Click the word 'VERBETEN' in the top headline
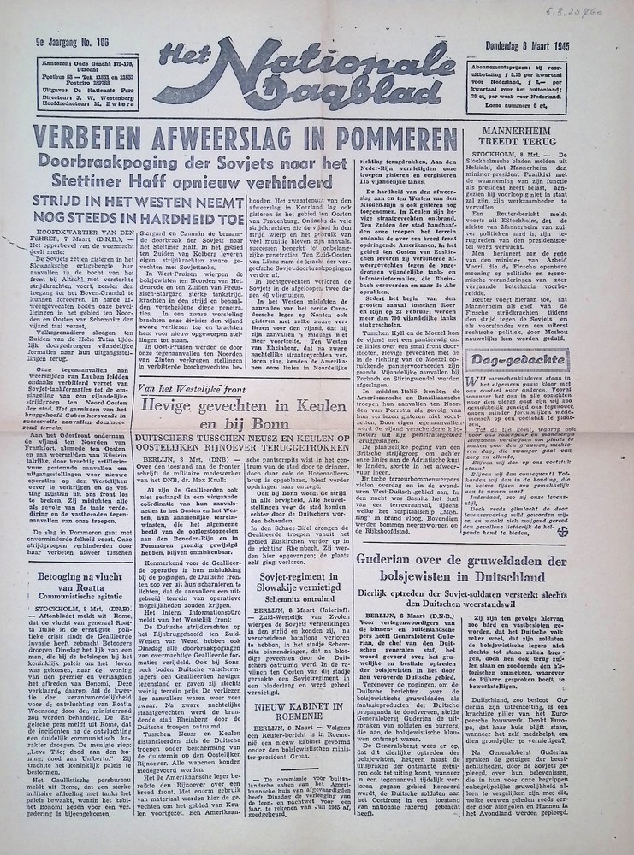click(101, 137)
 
